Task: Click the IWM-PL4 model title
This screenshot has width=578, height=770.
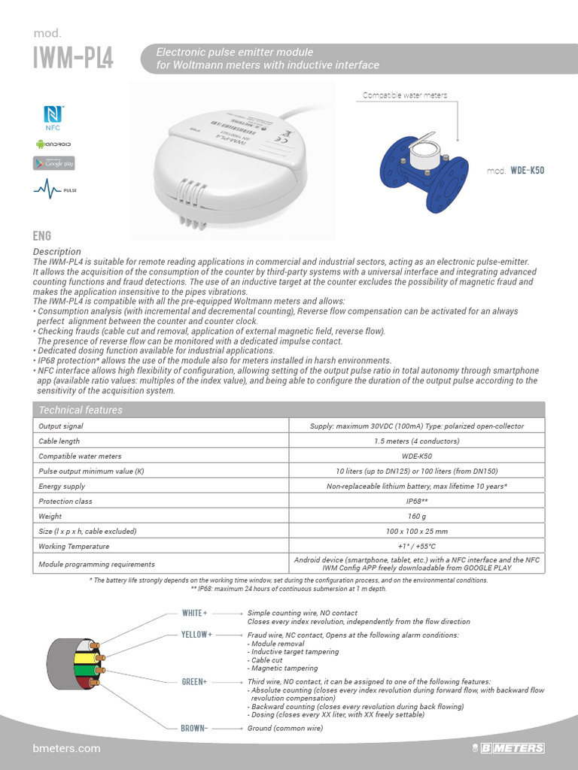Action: coord(73,58)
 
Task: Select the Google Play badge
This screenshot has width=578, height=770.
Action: coord(54,163)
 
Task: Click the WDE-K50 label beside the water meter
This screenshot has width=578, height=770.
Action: coord(526,171)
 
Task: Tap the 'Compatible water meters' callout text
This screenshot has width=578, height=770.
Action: coord(405,95)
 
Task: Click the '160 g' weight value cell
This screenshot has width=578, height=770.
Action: coord(417,517)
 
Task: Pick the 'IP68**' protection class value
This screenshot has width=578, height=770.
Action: coord(417,502)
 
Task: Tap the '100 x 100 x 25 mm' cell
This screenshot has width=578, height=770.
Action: coord(417,532)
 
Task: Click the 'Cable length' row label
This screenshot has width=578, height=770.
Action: coord(59,441)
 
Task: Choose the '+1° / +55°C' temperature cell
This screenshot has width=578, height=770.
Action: coord(417,547)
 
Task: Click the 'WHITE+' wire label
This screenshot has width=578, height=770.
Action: coord(194,613)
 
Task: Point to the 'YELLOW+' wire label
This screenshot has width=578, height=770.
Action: coord(196,635)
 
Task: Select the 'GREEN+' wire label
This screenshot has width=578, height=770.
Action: coord(194,681)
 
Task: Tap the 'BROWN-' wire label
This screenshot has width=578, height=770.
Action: coord(194,728)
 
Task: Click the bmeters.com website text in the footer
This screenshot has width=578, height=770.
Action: coord(67,748)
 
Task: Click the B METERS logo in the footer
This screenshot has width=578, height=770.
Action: coord(512,748)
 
